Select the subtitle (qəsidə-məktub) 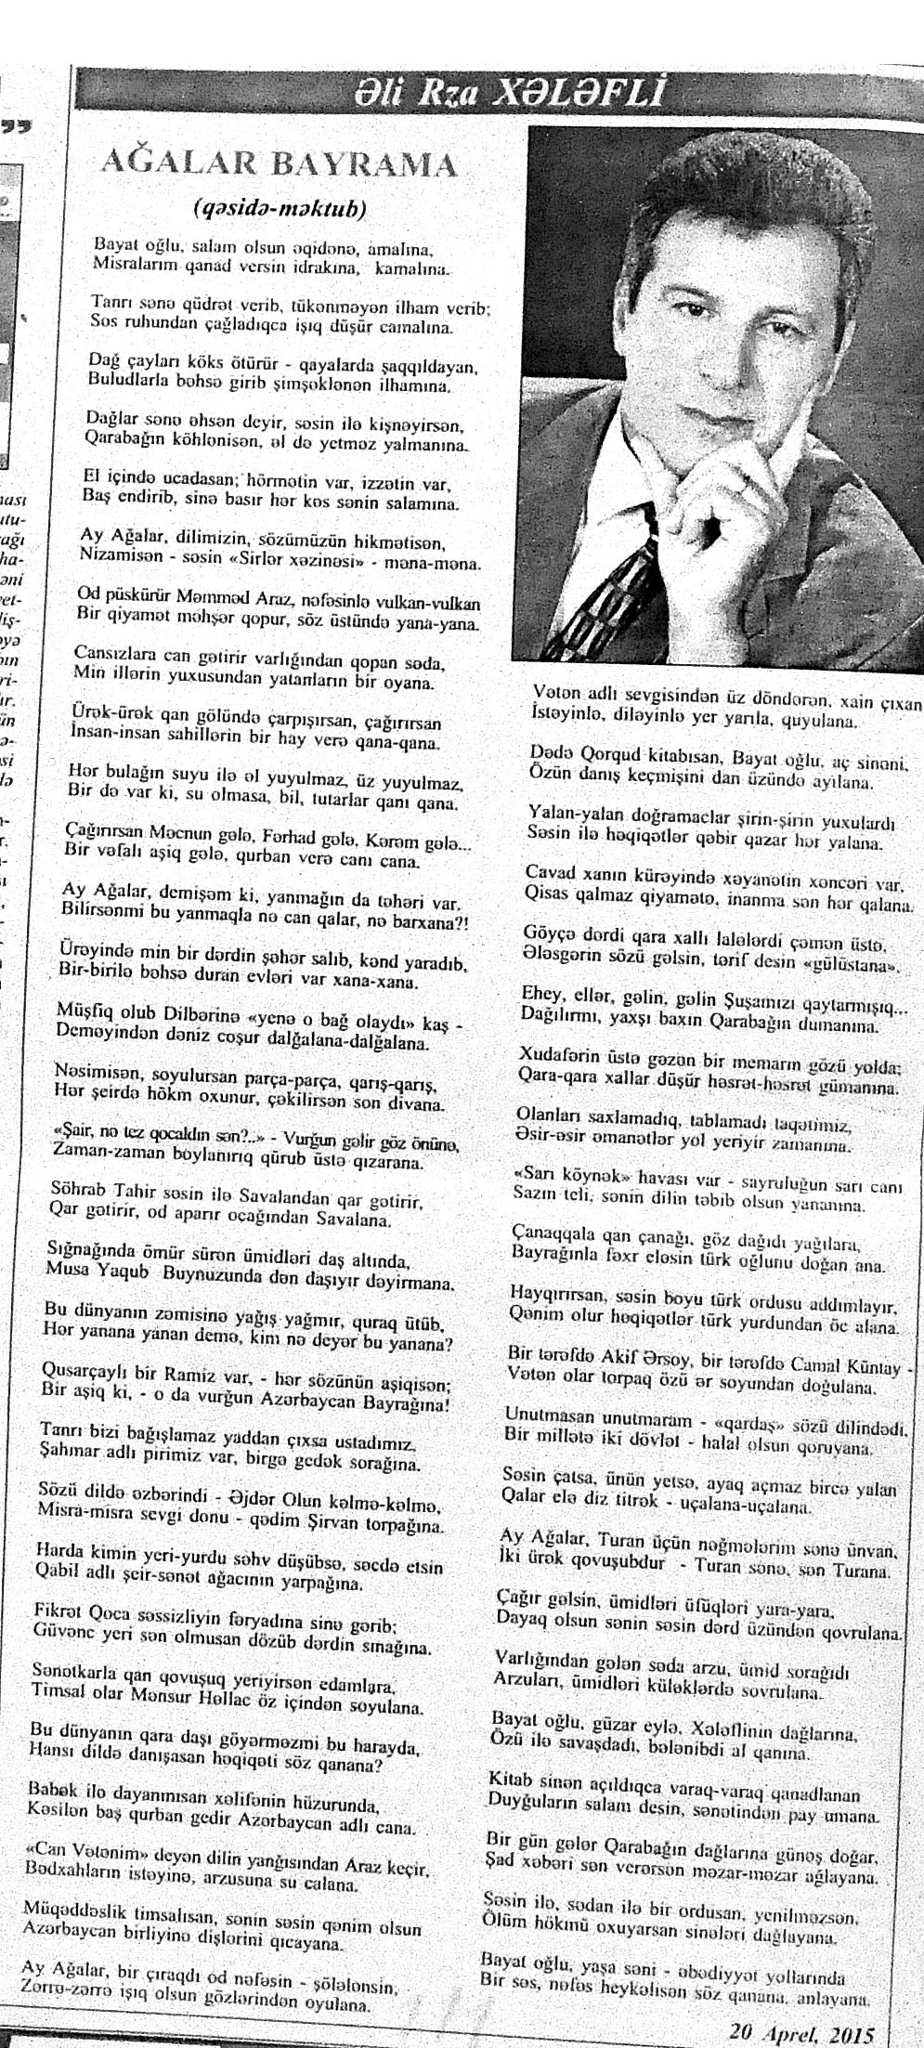[280, 208]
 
